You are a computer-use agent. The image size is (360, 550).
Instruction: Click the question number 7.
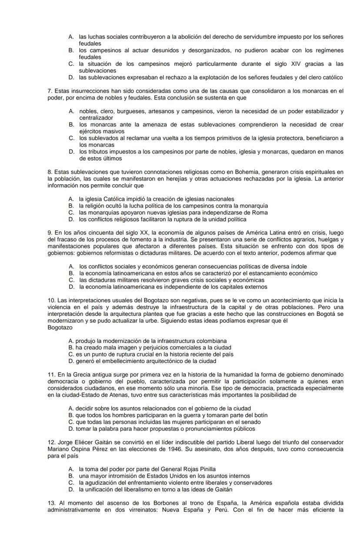pos(50,91)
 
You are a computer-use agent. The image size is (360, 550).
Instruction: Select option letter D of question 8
pos(71,219)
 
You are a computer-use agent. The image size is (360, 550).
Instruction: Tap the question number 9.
pos(50,233)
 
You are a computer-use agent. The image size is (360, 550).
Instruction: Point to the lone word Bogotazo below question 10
pos(60,328)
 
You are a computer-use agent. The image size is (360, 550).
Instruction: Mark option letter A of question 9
pos(71,266)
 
